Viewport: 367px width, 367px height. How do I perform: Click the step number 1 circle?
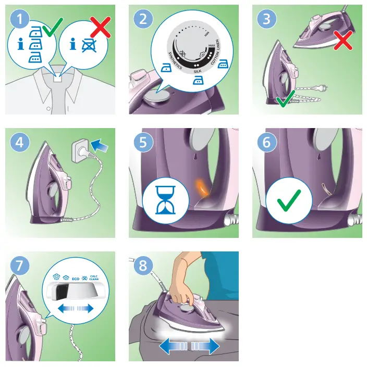click(x=20, y=20)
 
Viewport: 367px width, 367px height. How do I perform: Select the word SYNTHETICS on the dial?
click(x=174, y=61)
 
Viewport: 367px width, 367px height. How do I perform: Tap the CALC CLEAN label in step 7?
click(x=94, y=277)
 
